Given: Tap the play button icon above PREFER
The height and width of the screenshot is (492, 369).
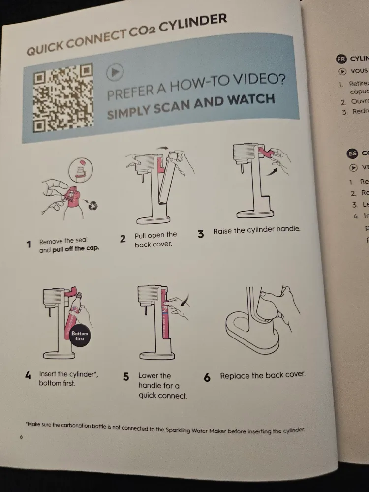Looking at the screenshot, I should point(114,72).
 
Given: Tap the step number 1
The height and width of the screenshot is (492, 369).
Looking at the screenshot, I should point(29,244).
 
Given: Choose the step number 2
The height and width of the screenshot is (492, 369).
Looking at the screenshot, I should point(123,239).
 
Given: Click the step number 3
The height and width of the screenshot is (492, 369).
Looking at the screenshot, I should point(201,234).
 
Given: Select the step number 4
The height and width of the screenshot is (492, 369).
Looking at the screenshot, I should point(28,375).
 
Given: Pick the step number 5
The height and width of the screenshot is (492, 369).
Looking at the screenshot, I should point(126,377).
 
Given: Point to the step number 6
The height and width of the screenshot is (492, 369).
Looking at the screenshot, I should point(207,378).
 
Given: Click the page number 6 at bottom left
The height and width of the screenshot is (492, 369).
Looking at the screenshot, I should point(21,437).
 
